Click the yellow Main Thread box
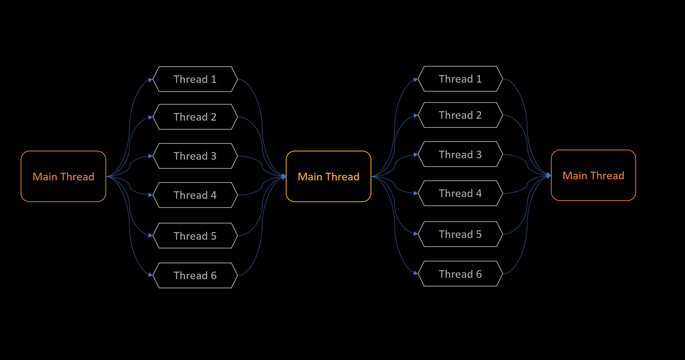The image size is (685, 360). coord(328,176)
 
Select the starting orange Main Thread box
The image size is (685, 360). coord(63,176)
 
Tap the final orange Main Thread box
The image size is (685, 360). coord(593,175)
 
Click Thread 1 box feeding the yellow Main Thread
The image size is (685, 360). coord(195,79)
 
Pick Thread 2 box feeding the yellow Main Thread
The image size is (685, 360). coord(195,117)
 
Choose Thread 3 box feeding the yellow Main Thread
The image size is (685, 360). coord(195,156)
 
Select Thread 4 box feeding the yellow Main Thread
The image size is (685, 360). coord(195,195)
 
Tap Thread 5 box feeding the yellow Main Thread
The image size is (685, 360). coord(195,236)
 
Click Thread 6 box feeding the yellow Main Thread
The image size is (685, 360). coord(195,276)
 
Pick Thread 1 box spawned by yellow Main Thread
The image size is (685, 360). coord(460,79)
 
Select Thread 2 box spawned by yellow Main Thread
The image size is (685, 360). coord(460,115)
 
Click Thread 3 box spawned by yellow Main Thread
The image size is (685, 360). coord(460,154)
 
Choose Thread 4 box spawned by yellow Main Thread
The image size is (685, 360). coord(460,193)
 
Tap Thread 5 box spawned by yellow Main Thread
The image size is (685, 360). coord(460,234)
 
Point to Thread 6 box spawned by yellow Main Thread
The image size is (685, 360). coord(460,274)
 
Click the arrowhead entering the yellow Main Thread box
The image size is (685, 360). coord(284,176)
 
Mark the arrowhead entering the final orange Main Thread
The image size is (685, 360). coord(549,175)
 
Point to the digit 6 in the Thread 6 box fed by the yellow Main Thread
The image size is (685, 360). coord(479,274)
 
